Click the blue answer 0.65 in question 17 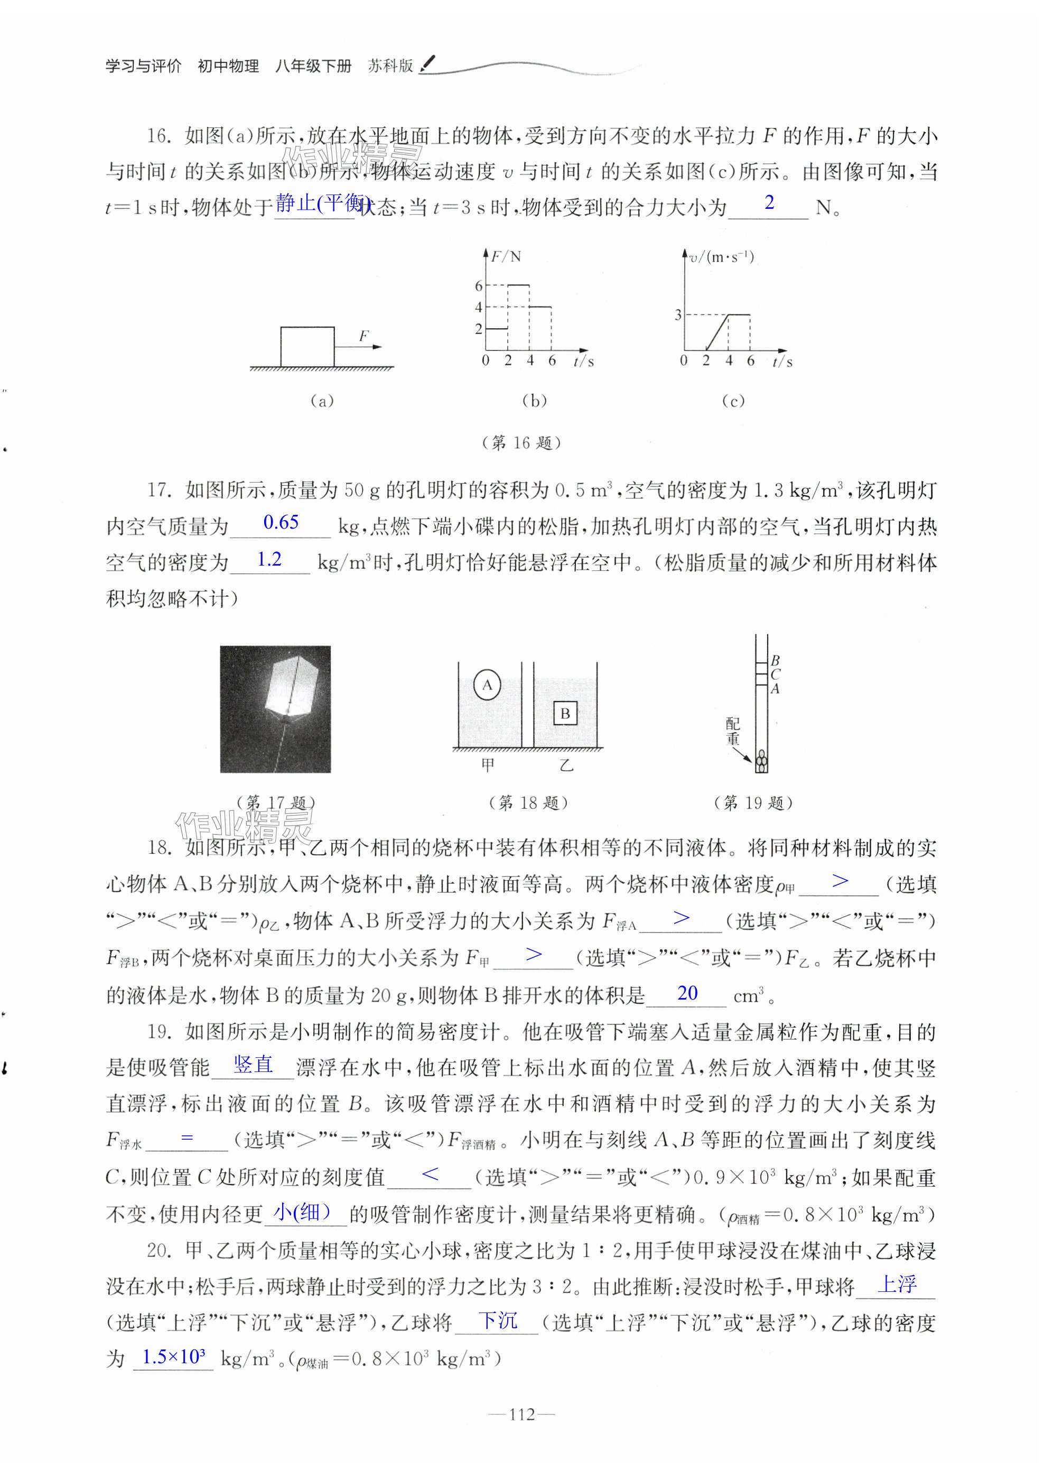click(281, 522)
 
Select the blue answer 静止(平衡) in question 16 click(322, 203)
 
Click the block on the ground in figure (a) click(307, 348)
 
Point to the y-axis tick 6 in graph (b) click(479, 286)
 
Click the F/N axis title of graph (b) click(506, 257)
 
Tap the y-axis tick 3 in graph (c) click(678, 315)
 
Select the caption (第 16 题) click(522, 443)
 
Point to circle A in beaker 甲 click(487, 685)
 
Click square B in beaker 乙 click(565, 714)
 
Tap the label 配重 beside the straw click(733, 731)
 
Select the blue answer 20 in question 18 click(687, 993)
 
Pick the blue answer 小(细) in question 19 click(302, 1211)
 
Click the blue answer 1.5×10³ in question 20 click(173, 1356)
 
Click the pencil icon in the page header click(428, 63)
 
